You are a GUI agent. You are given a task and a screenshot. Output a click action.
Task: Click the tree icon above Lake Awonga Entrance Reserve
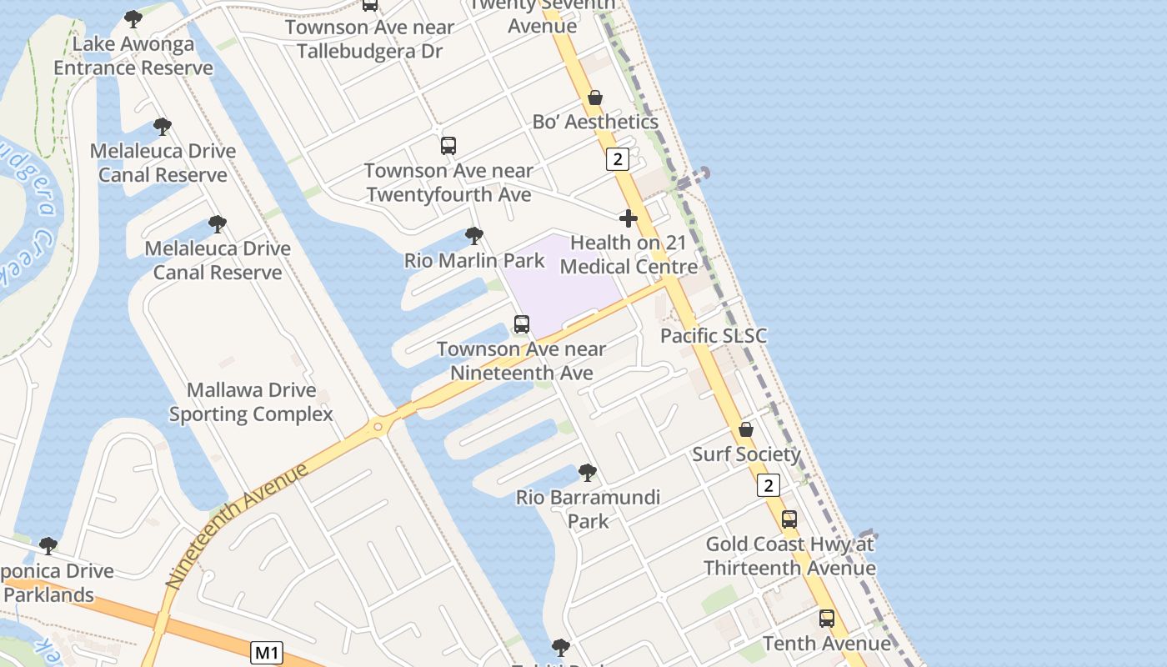click(133, 18)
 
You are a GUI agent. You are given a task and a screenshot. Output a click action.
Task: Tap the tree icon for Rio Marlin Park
click(473, 236)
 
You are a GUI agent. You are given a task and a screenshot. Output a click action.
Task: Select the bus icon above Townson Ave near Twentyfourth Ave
click(448, 146)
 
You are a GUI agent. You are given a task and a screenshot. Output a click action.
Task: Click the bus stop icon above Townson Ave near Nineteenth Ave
click(522, 324)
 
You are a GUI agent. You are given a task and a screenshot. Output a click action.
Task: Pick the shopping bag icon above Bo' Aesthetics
click(595, 98)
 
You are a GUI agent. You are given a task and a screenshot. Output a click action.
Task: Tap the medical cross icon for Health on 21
click(629, 218)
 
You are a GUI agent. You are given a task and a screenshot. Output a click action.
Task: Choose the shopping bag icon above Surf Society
click(746, 429)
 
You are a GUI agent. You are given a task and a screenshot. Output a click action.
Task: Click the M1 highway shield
click(266, 652)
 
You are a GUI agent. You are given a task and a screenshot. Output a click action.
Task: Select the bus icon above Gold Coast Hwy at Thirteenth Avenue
click(789, 519)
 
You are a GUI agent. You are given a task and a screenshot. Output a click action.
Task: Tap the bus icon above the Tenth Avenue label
click(826, 619)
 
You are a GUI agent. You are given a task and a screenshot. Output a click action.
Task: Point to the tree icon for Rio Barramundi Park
click(587, 473)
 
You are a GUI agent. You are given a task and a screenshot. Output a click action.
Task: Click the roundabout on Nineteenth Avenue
click(379, 427)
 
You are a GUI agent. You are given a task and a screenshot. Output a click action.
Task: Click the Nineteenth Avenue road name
click(237, 527)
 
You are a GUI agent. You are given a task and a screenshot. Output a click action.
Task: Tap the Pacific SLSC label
click(713, 336)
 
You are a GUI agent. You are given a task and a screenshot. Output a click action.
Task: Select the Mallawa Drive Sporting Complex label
click(251, 402)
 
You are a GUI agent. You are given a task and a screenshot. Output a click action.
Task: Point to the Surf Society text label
click(746, 454)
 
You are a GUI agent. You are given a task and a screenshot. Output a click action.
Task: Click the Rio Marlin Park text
click(474, 261)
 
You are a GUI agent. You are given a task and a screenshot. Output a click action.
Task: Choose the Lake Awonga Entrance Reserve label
click(133, 56)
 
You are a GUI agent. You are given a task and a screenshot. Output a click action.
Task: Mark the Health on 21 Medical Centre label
click(629, 254)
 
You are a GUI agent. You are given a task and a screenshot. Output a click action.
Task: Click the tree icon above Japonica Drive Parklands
click(48, 546)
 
